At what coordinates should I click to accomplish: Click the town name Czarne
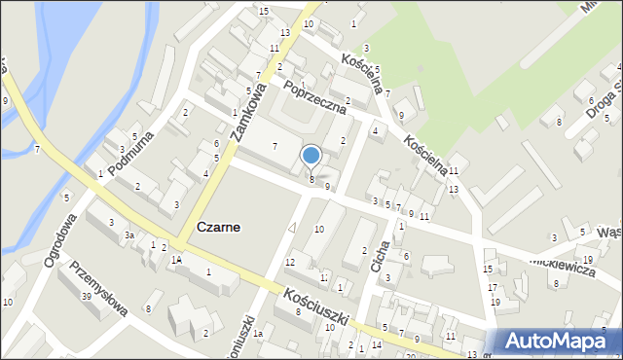pos(219,226)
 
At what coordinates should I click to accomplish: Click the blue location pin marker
pos(311,156)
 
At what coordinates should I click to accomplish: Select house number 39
pos(87,296)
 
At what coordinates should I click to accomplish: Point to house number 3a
pos(128,234)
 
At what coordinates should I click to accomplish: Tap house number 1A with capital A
pos(175,260)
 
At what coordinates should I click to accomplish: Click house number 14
pos(376,345)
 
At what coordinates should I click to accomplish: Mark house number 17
pos(493,287)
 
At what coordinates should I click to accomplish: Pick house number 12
pos(290,263)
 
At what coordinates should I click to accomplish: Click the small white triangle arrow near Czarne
pos(292,227)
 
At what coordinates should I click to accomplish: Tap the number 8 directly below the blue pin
pos(311,179)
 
